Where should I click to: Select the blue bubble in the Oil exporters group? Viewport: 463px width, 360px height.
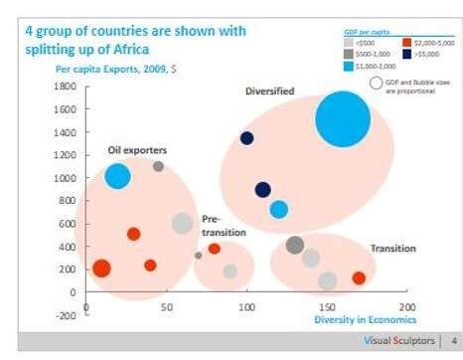click(x=117, y=176)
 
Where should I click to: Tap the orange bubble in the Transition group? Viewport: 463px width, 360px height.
click(x=359, y=278)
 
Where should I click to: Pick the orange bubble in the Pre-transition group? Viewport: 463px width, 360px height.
click(x=214, y=249)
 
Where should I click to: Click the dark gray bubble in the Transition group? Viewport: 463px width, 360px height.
click(x=294, y=245)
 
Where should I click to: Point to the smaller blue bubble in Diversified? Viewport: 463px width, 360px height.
click(x=279, y=209)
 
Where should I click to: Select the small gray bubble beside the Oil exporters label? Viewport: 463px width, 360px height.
click(x=158, y=166)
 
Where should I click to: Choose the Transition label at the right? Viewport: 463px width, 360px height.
click(x=392, y=248)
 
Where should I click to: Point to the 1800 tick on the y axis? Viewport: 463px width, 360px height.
click(x=65, y=88)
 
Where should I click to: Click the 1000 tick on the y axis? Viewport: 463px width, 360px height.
click(x=65, y=179)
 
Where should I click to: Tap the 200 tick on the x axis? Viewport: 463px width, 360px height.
click(x=406, y=307)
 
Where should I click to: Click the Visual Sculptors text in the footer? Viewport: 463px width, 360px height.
click(x=396, y=339)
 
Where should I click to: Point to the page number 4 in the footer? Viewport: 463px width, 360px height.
click(x=453, y=339)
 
